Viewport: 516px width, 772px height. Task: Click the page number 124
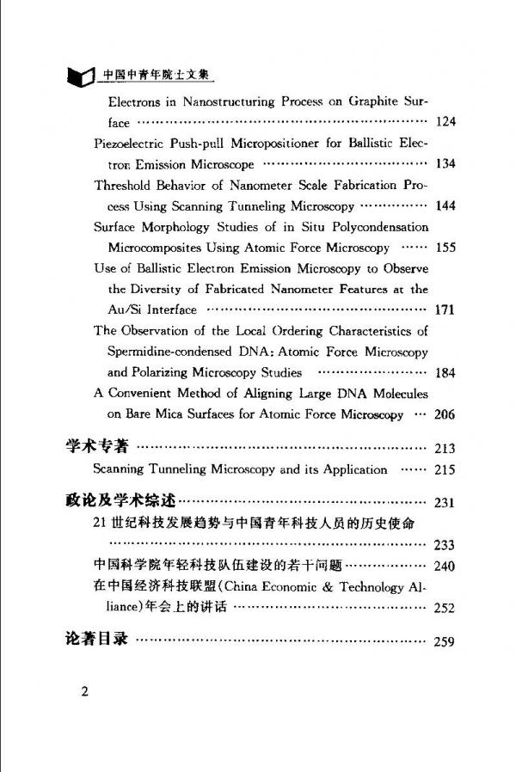click(x=445, y=121)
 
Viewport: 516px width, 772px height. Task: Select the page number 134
click(x=445, y=163)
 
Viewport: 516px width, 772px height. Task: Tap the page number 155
click(x=445, y=248)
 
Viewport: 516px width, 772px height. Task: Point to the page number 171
click(x=445, y=309)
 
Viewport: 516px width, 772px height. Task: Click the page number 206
click(x=445, y=414)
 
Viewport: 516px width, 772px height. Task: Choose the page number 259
click(x=445, y=641)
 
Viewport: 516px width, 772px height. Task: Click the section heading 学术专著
click(x=97, y=447)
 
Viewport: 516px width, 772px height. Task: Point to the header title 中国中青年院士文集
click(x=156, y=75)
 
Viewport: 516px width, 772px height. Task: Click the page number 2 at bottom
click(x=85, y=693)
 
